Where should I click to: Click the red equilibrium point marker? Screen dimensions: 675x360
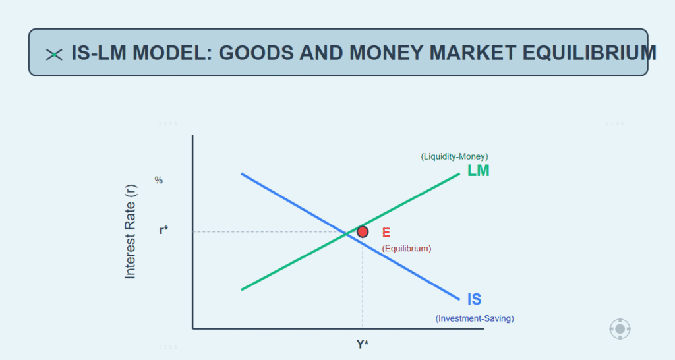click(363, 232)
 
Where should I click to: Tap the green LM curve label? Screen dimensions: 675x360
click(479, 171)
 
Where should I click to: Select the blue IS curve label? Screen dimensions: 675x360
click(474, 299)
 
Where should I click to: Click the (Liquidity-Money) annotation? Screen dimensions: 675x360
click(454, 156)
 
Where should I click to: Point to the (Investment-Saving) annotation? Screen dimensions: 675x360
click(475, 318)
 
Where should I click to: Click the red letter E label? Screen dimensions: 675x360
click(386, 233)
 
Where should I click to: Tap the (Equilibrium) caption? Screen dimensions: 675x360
click(406, 249)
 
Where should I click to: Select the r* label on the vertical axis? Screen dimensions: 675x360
click(163, 230)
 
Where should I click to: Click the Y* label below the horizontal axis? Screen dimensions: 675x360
click(363, 344)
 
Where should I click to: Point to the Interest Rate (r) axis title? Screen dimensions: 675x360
click(130, 231)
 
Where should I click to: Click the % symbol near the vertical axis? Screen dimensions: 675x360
click(158, 181)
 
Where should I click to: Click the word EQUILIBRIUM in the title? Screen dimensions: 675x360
click(589, 53)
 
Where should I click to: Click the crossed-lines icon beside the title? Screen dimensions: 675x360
click(54, 55)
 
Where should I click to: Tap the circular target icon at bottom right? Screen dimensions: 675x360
click(620, 329)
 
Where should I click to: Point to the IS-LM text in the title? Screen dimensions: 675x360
click(99, 53)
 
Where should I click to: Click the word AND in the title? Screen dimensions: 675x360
click(321, 53)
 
